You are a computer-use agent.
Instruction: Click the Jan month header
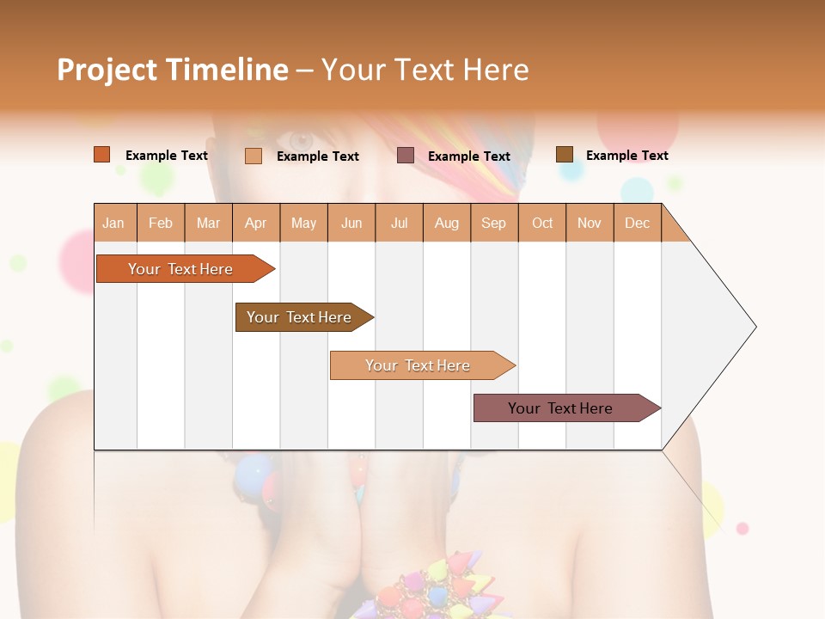click(114, 223)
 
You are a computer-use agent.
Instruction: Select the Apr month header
click(256, 223)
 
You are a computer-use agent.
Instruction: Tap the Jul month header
click(399, 223)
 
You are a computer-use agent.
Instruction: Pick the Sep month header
click(493, 223)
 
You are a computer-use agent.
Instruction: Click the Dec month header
click(637, 223)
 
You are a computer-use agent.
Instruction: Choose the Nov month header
click(589, 223)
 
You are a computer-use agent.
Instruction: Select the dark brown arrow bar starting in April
click(301, 317)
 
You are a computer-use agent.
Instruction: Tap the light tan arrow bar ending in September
click(419, 365)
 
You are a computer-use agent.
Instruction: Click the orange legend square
click(102, 155)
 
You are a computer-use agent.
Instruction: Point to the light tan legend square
click(254, 156)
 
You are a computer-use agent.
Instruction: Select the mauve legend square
click(406, 156)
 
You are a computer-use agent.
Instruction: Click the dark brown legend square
click(565, 155)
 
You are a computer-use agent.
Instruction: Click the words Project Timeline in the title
click(173, 70)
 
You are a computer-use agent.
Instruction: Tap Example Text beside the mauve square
click(468, 156)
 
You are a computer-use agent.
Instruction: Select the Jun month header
click(351, 223)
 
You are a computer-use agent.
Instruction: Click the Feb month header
click(161, 223)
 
